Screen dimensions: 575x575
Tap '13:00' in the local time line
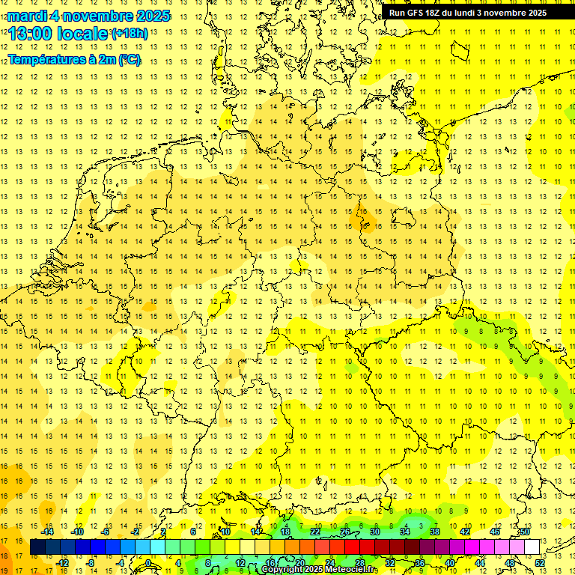click(29, 33)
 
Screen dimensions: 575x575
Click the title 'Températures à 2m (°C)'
click(74, 60)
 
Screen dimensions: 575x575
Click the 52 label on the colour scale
click(540, 562)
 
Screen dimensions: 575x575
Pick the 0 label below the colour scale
click(148, 562)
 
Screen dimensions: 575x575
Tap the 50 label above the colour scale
click(525, 532)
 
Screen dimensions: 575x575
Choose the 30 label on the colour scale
click(374, 532)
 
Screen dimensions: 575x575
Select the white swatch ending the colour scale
click(532, 547)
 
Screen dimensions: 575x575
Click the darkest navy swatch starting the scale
click(37, 547)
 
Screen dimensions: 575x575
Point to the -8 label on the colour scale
click(91, 562)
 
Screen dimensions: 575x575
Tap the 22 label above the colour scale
click(315, 532)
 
